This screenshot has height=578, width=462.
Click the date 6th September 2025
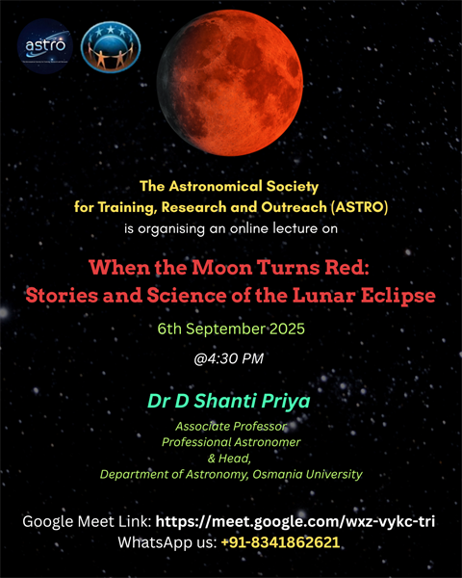pyautogui.click(x=230, y=328)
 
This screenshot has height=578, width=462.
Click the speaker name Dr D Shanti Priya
pyautogui.click(x=230, y=400)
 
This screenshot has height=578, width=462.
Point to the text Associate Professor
pyautogui.click(x=230, y=426)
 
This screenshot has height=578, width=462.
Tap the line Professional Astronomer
pyautogui.click(x=230, y=442)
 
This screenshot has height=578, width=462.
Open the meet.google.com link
pyautogui.click(x=295, y=521)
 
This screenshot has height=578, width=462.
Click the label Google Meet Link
pyautogui.click(x=86, y=521)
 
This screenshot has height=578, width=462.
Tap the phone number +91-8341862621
pyautogui.click(x=280, y=542)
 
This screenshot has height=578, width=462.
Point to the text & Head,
pyautogui.click(x=230, y=459)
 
